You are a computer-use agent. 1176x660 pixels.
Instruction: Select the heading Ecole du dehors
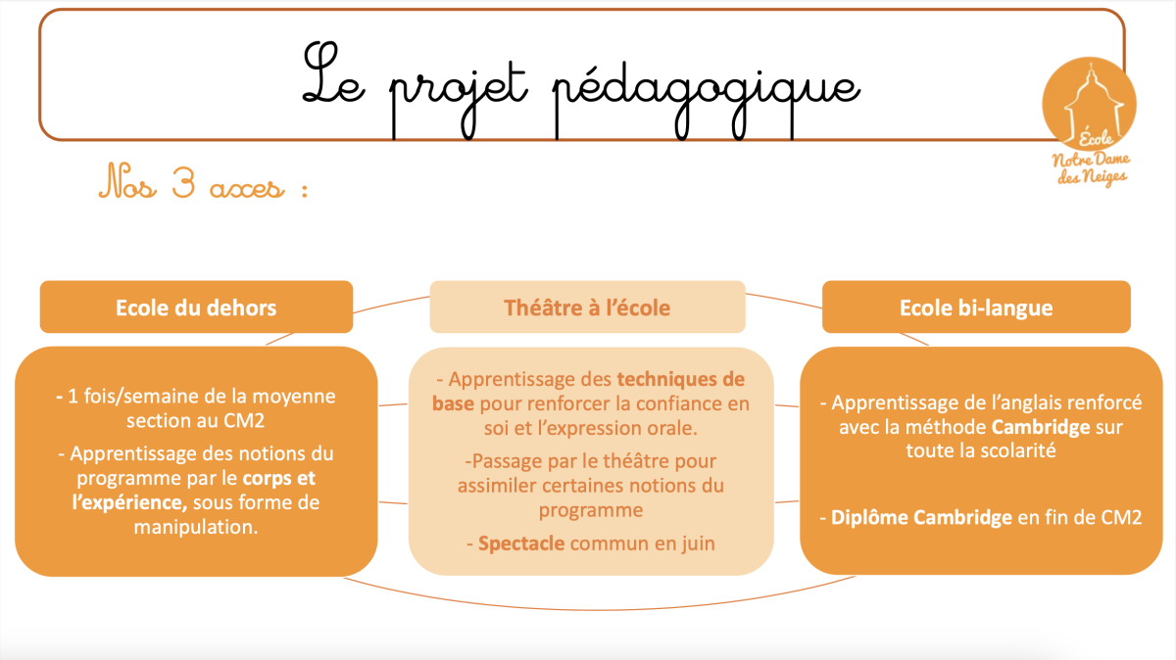pos(196,307)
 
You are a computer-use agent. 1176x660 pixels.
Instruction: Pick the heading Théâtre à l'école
pos(587,307)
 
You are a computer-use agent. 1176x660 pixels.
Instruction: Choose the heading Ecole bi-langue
pos(976,307)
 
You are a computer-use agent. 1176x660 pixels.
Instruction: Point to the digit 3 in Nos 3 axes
pos(184,183)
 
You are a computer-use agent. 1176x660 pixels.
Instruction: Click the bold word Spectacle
pos(521,543)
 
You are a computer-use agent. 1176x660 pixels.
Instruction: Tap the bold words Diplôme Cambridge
pos(921,518)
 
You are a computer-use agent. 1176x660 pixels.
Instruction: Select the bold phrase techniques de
pos(680,379)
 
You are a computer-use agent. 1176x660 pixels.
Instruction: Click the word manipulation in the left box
pos(196,527)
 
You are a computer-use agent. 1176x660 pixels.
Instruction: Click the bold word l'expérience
pos(129,502)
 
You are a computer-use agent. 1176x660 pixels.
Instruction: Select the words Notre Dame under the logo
pos(1091,160)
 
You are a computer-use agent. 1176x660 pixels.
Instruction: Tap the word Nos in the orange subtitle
pos(127,181)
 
